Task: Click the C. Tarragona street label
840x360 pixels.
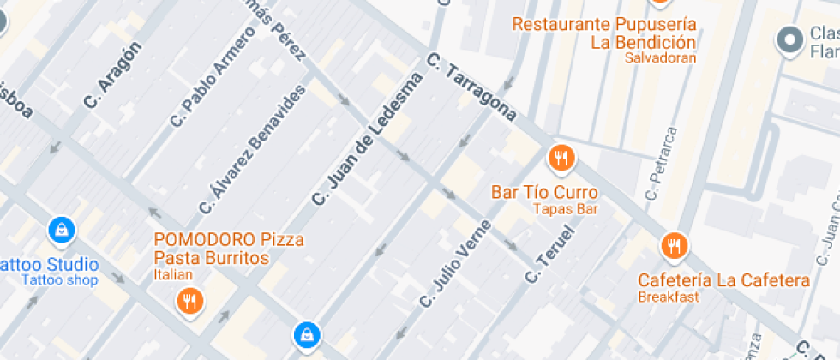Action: [x=471, y=88]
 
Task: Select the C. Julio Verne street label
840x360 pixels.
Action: [x=455, y=264]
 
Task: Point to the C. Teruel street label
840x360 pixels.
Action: [x=549, y=255]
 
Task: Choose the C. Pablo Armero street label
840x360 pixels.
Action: [x=213, y=77]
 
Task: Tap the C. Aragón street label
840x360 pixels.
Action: [x=112, y=75]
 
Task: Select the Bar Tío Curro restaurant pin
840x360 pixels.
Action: [x=561, y=158]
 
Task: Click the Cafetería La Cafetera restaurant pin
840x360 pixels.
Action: [x=675, y=246]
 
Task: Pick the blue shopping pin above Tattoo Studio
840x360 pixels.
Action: [x=63, y=229]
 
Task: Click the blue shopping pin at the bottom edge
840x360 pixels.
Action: [x=306, y=335]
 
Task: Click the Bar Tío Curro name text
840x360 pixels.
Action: [x=544, y=192]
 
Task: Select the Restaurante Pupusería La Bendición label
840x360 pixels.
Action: [x=604, y=33]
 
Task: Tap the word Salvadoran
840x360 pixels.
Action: [x=660, y=58]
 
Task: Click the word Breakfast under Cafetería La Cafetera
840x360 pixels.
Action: [x=669, y=297]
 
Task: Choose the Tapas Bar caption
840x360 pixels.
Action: [x=565, y=208]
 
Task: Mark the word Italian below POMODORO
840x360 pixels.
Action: [x=174, y=274]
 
